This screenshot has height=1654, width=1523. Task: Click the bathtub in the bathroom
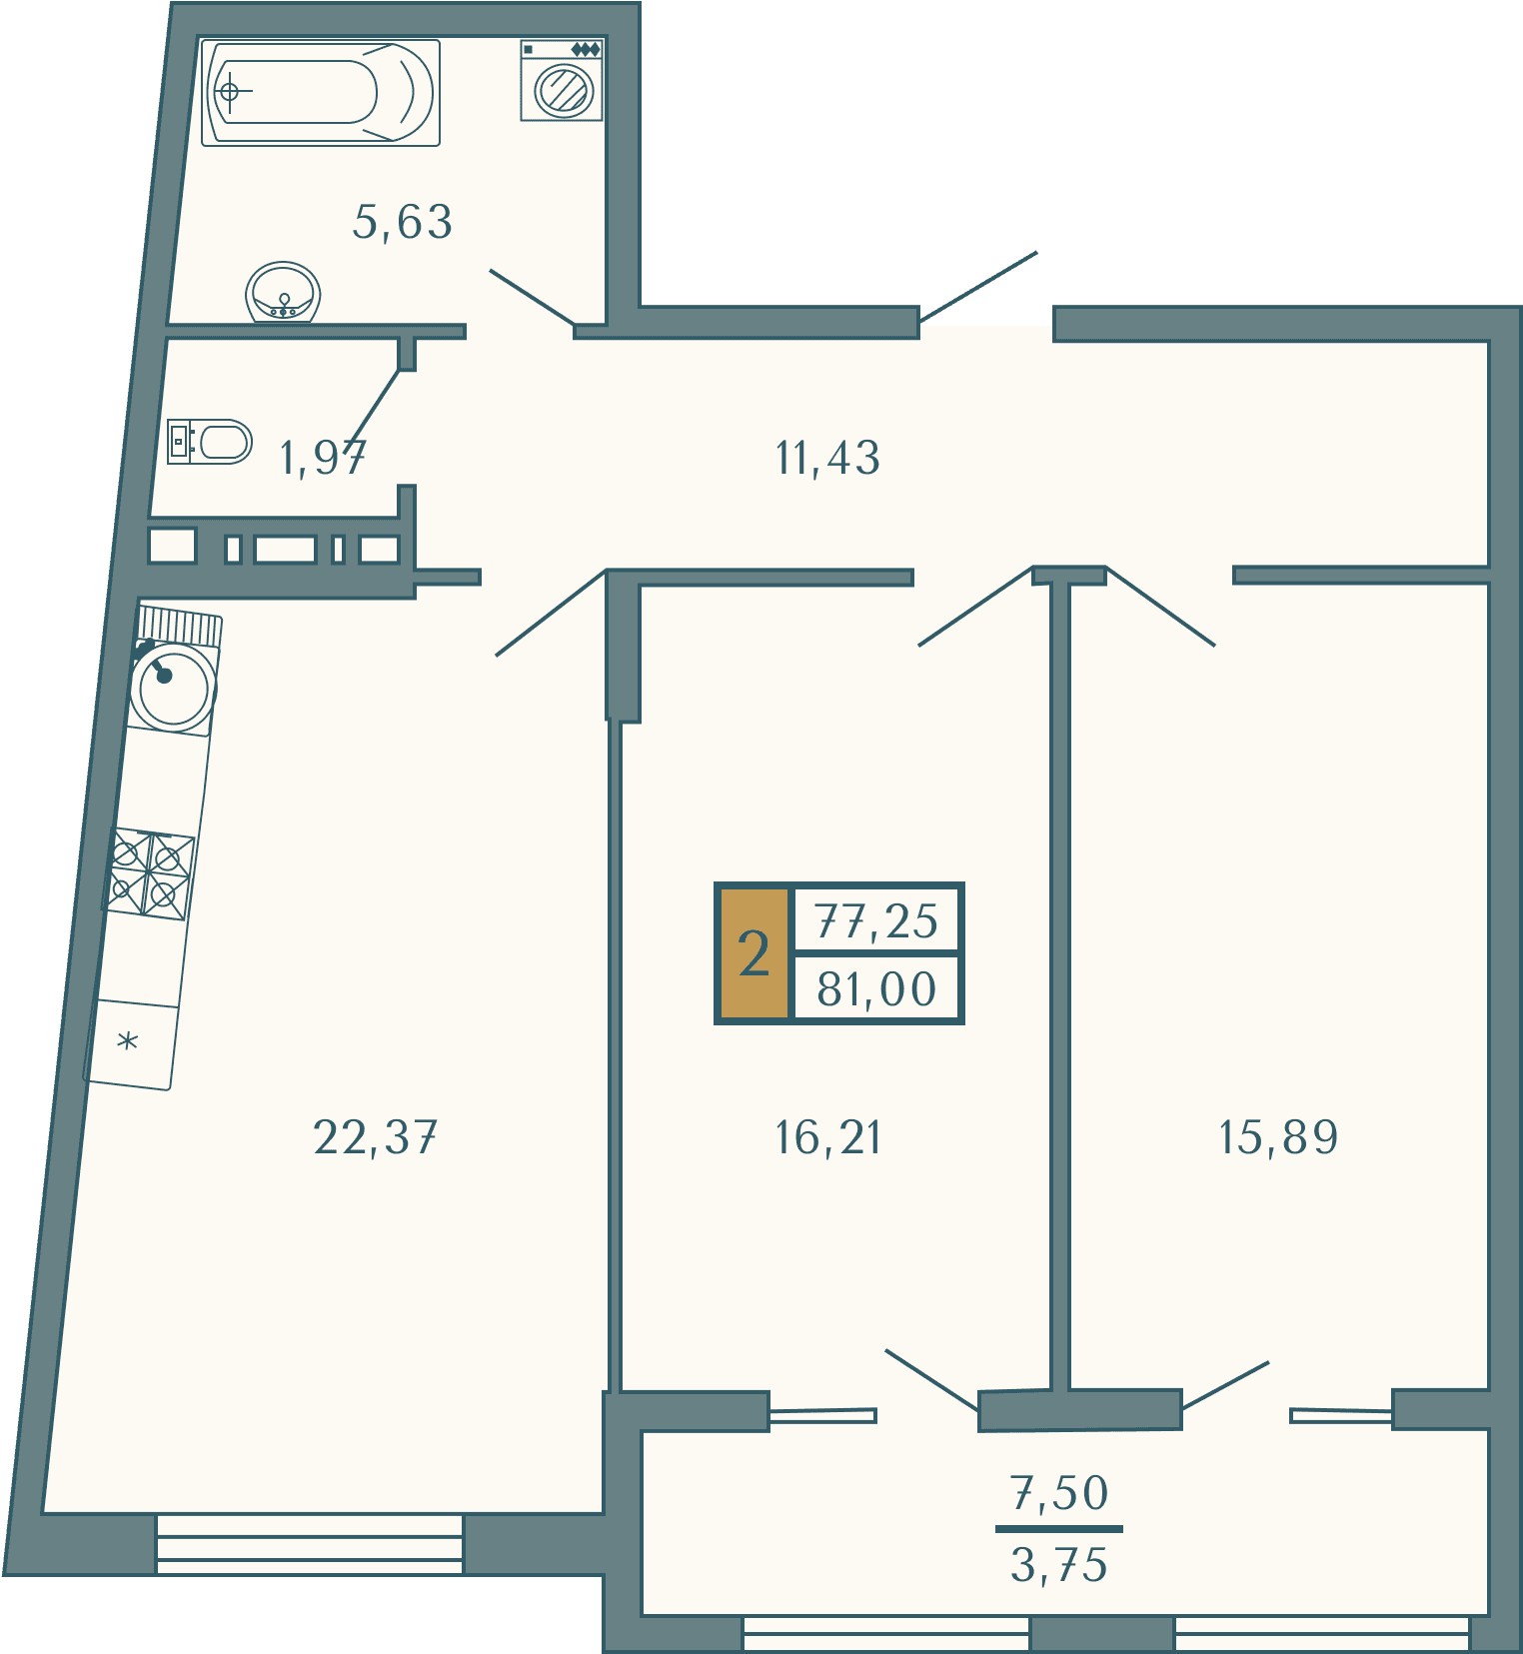pyautogui.click(x=321, y=93)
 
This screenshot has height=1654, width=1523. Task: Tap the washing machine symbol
pyautogui.click(x=562, y=80)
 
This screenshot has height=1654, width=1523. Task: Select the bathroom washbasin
pyautogui.click(x=283, y=293)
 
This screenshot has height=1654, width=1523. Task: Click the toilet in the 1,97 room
pyautogui.click(x=210, y=442)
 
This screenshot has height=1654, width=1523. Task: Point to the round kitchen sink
pyautogui.click(x=174, y=687)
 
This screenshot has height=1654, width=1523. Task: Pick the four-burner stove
pyautogui.click(x=150, y=872)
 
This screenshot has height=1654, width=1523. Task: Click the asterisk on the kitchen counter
pyautogui.click(x=127, y=1042)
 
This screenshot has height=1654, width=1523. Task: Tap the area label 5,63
pyautogui.click(x=403, y=222)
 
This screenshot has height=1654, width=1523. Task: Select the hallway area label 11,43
pyautogui.click(x=827, y=459)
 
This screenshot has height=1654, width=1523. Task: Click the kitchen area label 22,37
pyautogui.click(x=375, y=1137)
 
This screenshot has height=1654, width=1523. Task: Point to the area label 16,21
pyautogui.click(x=828, y=1137)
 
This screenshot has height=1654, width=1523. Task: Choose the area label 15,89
pyautogui.click(x=1278, y=1137)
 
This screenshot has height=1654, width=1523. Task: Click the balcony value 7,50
pyautogui.click(x=1059, y=1493)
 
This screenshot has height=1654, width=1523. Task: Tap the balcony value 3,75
pyautogui.click(x=1059, y=1565)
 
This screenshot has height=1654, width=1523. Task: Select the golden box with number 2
pyautogui.click(x=755, y=953)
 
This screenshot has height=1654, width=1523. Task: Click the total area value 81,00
pyautogui.click(x=876, y=989)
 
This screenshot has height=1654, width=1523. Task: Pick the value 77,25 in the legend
pyautogui.click(x=876, y=921)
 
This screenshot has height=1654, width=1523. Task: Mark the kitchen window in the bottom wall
pyautogui.click(x=310, y=1544)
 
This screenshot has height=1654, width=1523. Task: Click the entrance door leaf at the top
pyautogui.click(x=978, y=287)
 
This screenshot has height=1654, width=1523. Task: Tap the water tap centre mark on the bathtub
pyautogui.click(x=229, y=92)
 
